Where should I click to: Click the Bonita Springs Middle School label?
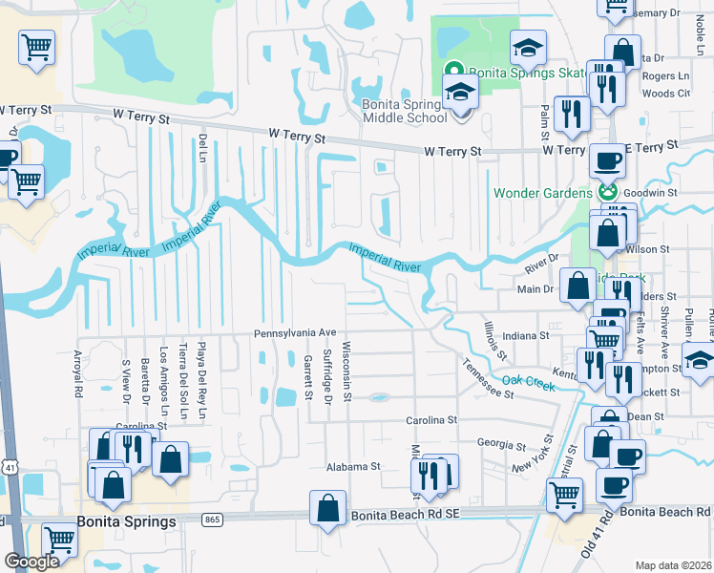click(405, 111)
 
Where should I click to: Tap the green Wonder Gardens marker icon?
click(605, 193)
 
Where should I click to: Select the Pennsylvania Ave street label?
click(295, 332)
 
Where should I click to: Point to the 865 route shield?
click(212, 520)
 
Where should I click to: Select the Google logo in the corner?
click(31, 562)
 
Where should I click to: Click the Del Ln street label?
click(202, 148)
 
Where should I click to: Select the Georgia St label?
click(502, 444)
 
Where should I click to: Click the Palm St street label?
click(544, 120)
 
